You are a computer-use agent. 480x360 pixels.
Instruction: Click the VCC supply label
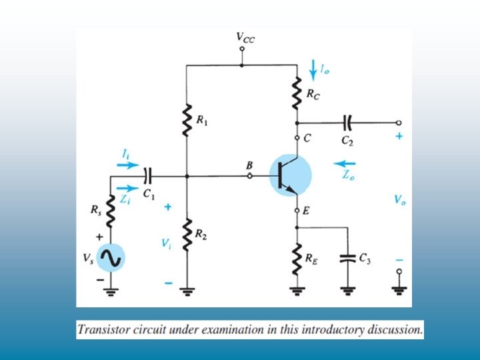tap(245, 38)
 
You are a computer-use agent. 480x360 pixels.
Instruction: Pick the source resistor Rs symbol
tap(111, 213)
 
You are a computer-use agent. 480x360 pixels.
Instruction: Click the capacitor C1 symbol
tap(148, 176)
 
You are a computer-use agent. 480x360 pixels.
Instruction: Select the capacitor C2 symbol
tap(347, 123)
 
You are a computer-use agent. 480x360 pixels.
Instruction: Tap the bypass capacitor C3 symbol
tap(347, 258)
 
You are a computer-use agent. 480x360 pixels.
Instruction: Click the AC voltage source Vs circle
tap(111, 259)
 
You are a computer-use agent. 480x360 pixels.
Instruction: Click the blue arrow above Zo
tap(345, 163)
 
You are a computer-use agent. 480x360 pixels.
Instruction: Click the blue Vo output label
tap(399, 199)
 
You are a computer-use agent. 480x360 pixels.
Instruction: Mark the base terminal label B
tap(249, 164)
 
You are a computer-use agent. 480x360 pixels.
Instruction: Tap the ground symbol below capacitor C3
tap(347, 289)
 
